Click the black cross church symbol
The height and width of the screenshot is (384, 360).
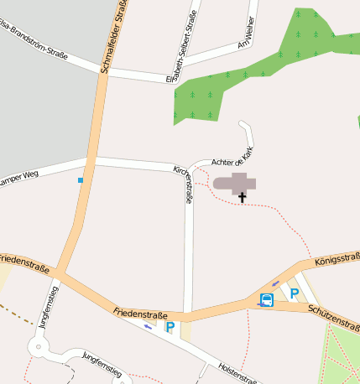click(x=243, y=199)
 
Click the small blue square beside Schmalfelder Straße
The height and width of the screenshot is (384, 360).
click(x=81, y=180)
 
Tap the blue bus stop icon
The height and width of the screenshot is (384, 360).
click(x=266, y=300)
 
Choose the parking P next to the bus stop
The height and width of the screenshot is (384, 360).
click(x=294, y=293)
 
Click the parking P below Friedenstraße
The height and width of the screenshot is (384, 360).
click(x=170, y=327)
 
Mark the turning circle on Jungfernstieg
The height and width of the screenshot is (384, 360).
click(x=38, y=345)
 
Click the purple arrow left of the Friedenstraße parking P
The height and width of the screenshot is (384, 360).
click(x=149, y=326)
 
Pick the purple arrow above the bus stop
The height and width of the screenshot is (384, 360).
click(x=275, y=283)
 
